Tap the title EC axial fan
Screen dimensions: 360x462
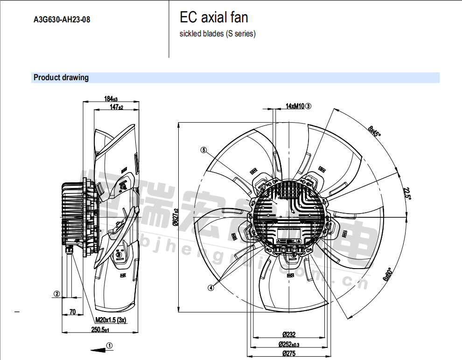point(214,18)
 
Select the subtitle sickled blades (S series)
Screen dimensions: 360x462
point(217,34)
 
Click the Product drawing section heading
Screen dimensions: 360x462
point(61,77)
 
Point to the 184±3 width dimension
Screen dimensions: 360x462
point(111,99)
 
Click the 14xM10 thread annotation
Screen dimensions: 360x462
point(295,106)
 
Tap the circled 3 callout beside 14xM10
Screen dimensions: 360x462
point(308,106)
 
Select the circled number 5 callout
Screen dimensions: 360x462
point(203,150)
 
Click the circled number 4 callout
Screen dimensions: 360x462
point(211,288)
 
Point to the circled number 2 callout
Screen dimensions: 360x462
point(56,294)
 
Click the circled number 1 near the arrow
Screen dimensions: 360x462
point(109,346)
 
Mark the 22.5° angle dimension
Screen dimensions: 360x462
point(407,193)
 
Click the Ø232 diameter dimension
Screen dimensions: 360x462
point(289,334)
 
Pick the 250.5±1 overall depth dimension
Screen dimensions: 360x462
point(100,330)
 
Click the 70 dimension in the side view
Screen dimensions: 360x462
point(72,312)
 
